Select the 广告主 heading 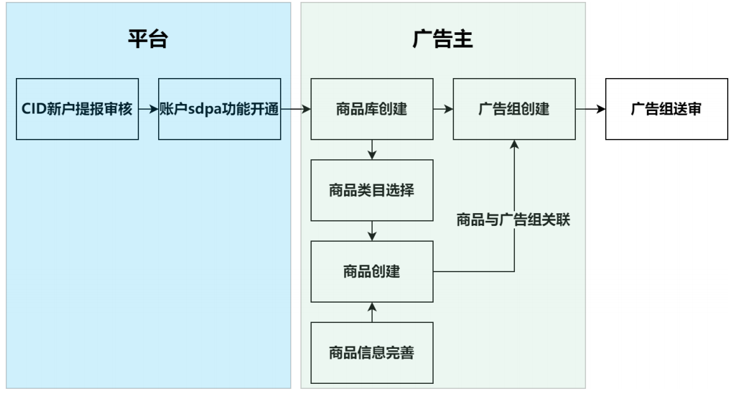pyautogui.click(x=443, y=39)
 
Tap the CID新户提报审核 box pyautogui.click(x=77, y=109)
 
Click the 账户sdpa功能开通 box pyautogui.click(x=219, y=109)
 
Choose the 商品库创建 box pyautogui.click(x=371, y=109)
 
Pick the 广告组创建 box pyautogui.click(x=514, y=109)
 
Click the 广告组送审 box pyautogui.click(x=666, y=109)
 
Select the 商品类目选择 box pyautogui.click(x=371, y=190)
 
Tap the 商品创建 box pyautogui.click(x=371, y=271)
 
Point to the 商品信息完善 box pyautogui.click(x=371, y=352)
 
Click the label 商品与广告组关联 pyautogui.click(x=514, y=221)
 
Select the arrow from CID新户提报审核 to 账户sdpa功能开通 pyautogui.click(x=148, y=109)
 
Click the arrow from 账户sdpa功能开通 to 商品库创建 pyautogui.click(x=295, y=109)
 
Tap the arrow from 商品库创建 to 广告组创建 pyautogui.click(x=443, y=109)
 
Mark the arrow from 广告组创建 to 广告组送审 pyautogui.click(x=591, y=109)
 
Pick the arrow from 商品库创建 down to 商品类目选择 pyautogui.click(x=372, y=150)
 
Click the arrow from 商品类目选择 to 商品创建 pyautogui.click(x=372, y=231)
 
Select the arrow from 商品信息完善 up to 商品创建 pyautogui.click(x=372, y=312)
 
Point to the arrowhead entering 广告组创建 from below pyautogui.click(x=514, y=145)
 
